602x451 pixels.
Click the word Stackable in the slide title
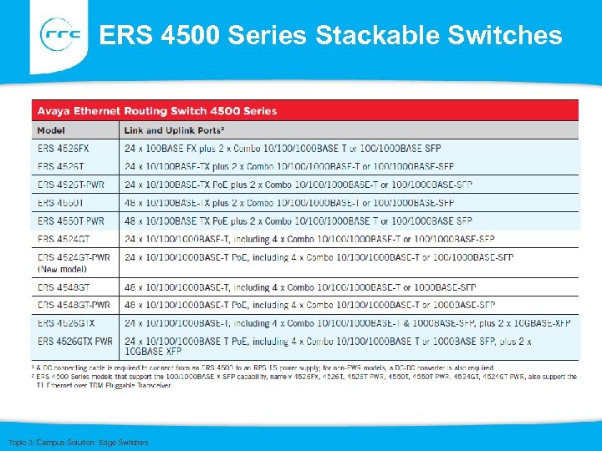(360, 35)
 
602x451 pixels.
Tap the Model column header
(51, 130)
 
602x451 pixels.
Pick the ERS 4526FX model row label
(64, 148)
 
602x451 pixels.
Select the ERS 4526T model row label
(60, 166)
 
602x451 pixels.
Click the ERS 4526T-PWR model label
(71, 185)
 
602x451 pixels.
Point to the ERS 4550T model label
(60, 203)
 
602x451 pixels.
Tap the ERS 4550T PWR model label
(71, 221)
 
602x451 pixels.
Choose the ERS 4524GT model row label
(64, 240)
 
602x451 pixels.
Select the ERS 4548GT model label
(64, 287)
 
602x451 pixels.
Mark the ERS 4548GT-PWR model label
(74, 305)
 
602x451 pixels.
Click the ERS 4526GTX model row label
(66, 322)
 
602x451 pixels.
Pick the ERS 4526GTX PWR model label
(75, 341)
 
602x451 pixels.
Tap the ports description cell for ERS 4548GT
(300, 287)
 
